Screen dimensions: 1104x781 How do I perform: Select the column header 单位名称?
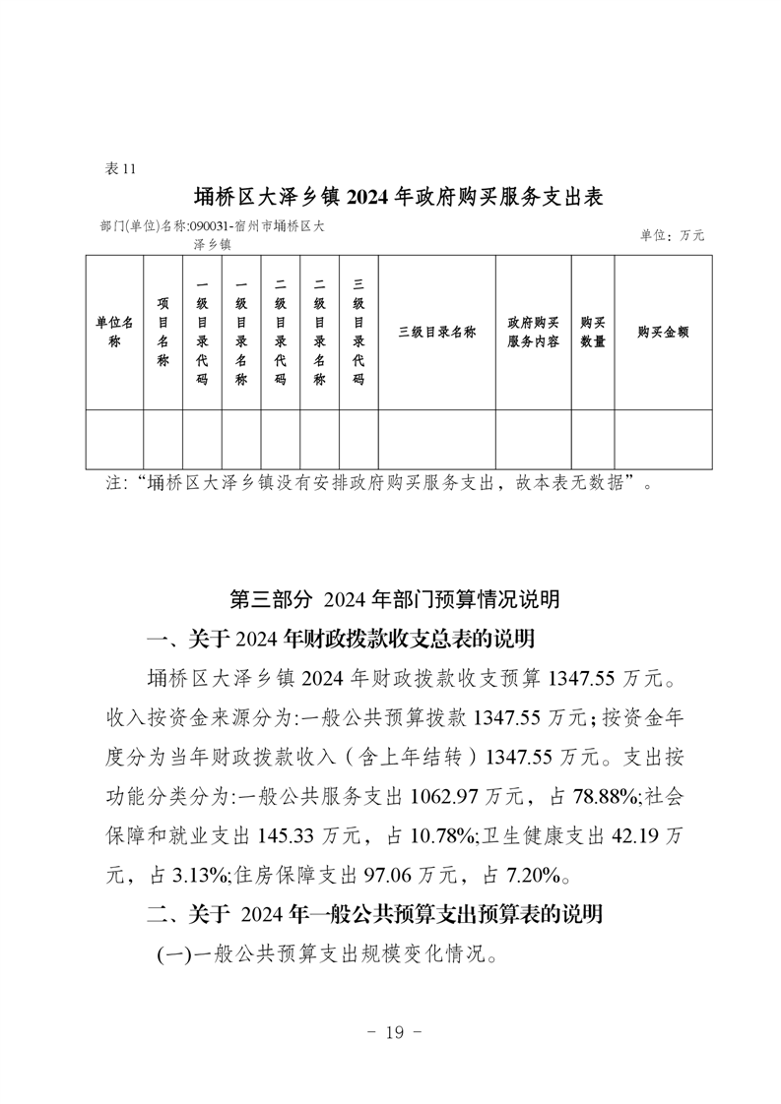(x=114, y=333)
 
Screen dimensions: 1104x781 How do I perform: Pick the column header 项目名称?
(x=163, y=333)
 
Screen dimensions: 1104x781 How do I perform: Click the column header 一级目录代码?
(x=202, y=333)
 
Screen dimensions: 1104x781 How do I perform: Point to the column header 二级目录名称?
(x=319, y=333)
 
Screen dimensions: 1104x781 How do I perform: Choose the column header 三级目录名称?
(x=436, y=333)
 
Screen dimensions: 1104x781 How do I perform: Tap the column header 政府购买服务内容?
(x=535, y=333)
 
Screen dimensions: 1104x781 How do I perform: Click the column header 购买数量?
(x=593, y=333)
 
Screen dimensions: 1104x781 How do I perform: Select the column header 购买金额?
(x=663, y=333)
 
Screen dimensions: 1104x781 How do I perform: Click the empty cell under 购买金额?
(x=663, y=439)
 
